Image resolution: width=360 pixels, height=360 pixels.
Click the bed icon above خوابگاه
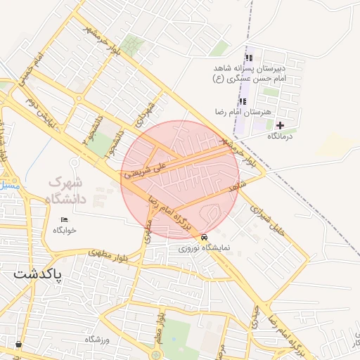click(x=64, y=219)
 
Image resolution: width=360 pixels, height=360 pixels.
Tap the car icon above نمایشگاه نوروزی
click(x=204, y=237)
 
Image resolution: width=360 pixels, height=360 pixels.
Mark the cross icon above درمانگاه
click(x=280, y=125)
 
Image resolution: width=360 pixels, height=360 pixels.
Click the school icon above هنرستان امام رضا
click(x=243, y=101)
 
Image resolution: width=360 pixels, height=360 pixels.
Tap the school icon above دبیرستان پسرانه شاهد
click(x=247, y=58)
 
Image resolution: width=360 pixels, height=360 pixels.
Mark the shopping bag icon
click(x=18, y=345)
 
